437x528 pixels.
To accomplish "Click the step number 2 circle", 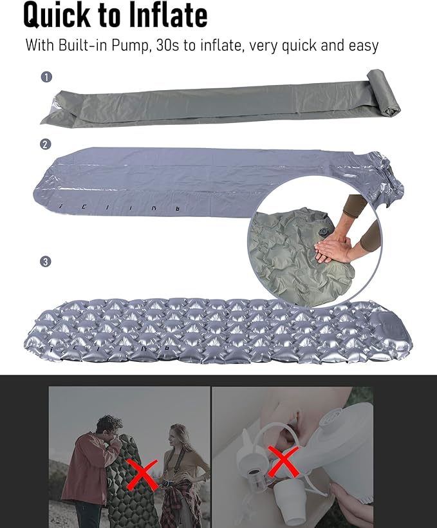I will click(46, 144).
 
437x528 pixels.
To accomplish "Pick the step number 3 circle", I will click(46, 261).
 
